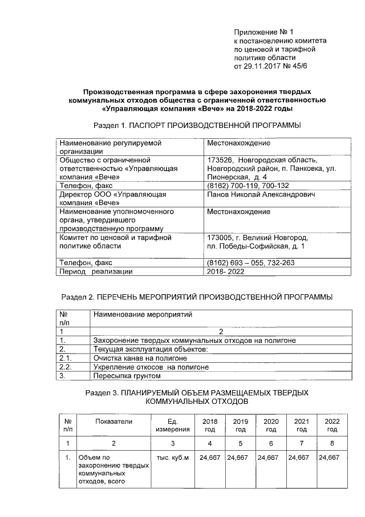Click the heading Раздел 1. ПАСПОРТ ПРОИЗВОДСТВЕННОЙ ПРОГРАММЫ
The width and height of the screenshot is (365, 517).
point(196,125)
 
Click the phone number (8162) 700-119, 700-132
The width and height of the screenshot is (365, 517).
point(248,186)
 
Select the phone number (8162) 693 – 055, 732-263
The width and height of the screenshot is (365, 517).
point(252,263)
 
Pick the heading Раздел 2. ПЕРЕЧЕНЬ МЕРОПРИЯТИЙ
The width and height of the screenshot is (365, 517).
point(196,297)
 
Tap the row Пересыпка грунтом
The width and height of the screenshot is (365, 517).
point(127,376)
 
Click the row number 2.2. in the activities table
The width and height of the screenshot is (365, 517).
point(66,367)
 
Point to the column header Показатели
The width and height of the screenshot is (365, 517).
point(113,422)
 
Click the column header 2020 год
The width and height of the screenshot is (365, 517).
point(271,425)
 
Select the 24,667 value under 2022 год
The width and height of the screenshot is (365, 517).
point(328,458)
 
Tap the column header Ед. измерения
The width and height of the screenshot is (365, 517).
point(172,425)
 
